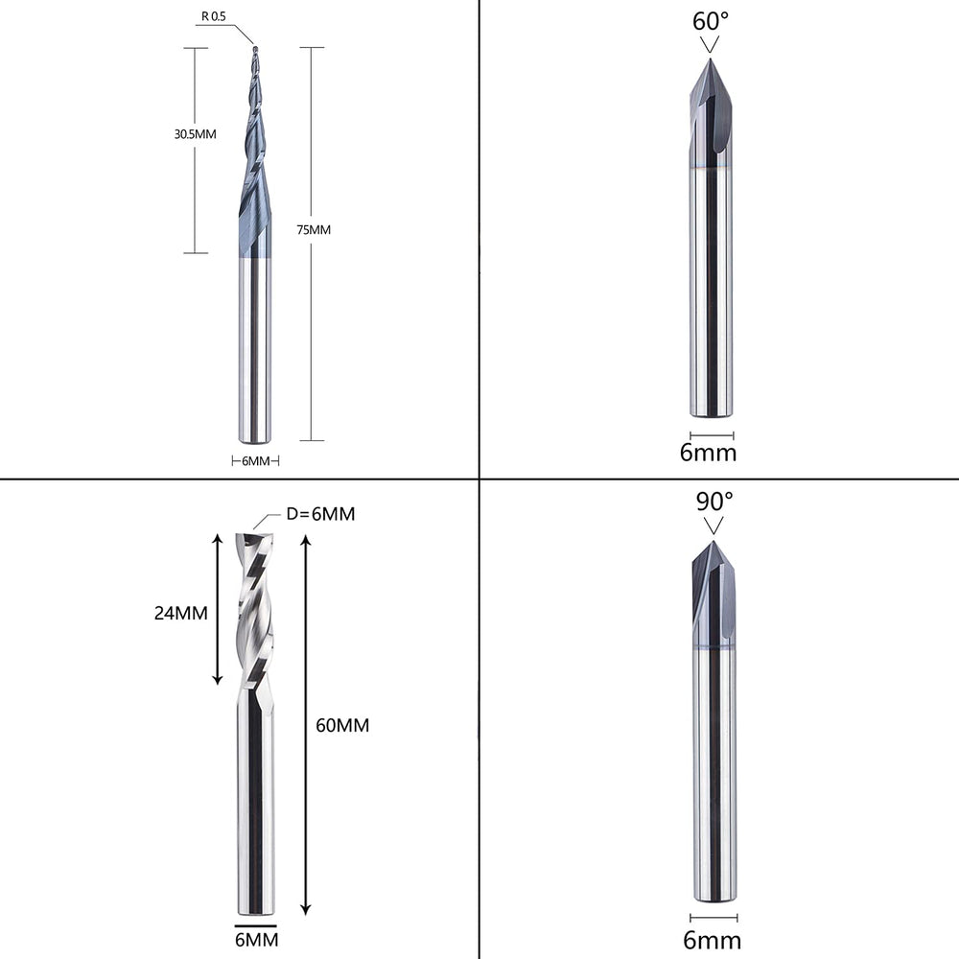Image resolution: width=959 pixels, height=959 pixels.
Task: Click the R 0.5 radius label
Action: (214, 16)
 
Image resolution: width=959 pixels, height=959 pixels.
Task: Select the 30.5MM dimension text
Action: (195, 134)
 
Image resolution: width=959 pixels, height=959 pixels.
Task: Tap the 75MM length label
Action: (314, 230)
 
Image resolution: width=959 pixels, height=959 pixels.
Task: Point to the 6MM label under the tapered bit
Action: (256, 461)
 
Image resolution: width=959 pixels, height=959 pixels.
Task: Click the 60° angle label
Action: (711, 21)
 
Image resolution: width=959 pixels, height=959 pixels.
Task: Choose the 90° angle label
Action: (714, 502)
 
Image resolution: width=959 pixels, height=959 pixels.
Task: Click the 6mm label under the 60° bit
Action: (709, 454)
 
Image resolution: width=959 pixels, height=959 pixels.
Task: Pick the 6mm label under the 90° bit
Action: (712, 940)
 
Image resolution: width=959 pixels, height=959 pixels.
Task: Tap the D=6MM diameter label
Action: (320, 514)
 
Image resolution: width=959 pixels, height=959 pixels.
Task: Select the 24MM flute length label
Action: (181, 613)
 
